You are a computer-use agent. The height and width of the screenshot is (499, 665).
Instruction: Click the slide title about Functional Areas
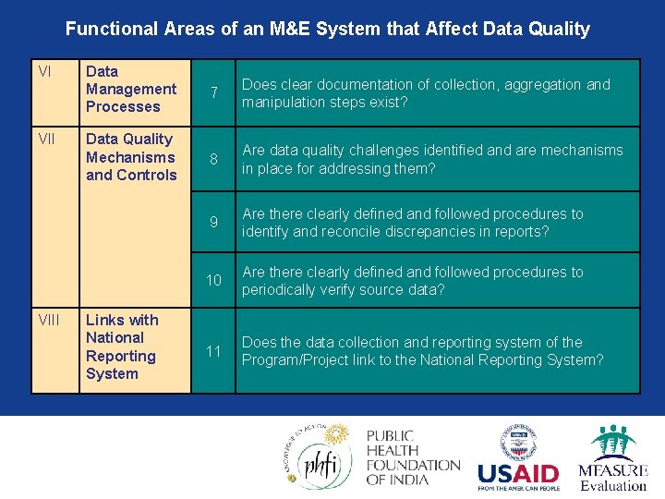coord(327,29)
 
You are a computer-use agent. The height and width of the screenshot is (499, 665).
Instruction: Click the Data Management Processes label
coord(130,89)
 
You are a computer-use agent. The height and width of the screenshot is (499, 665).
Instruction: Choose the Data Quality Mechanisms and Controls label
coord(130,157)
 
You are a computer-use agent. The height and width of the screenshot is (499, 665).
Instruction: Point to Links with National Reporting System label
coord(122,347)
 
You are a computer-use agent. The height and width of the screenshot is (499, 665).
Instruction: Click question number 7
coord(213,93)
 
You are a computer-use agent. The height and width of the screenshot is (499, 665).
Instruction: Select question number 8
coord(213,160)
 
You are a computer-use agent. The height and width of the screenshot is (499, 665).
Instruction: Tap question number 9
coord(213,223)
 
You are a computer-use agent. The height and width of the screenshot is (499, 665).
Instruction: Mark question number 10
coord(213,281)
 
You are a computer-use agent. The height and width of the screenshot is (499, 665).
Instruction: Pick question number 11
coord(213,351)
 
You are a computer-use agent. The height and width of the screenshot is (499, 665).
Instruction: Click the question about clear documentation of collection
coord(426,93)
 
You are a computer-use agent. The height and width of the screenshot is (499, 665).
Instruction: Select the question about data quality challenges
coord(432,159)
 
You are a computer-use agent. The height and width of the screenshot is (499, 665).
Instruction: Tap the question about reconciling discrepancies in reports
coord(413,223)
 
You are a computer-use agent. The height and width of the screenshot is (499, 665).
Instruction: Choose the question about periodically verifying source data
coord(413,281)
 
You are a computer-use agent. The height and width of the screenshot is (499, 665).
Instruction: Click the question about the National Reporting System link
coord(423,351)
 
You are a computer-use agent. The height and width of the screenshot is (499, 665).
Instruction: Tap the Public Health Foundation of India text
coord(412,458)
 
